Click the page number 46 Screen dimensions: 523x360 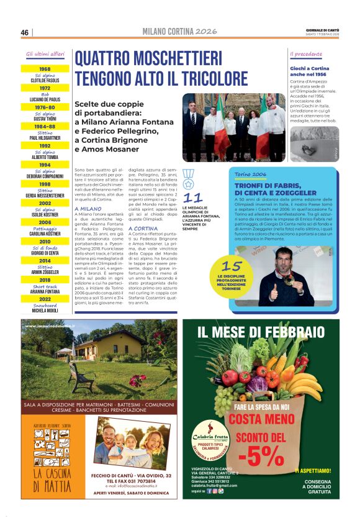pyautogui.click(x=25, y=32)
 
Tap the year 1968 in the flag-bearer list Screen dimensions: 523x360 pyautogui.click(x=45, y=69)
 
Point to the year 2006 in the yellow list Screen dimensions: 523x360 pyautogui.click(x=45, y=222)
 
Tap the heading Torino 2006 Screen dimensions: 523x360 pyautogui.click(x=250, y=175)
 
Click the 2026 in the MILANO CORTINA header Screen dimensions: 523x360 pyautogui.click(x=205, y=32)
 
